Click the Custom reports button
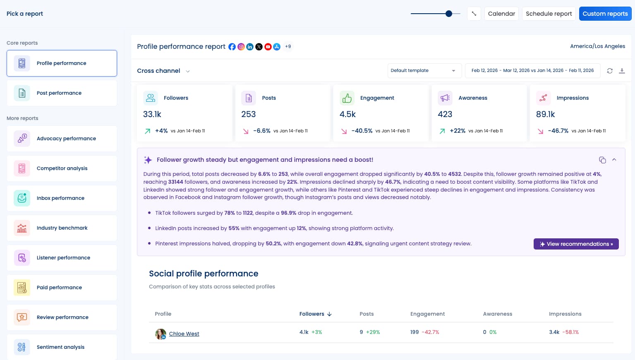coord(605,14)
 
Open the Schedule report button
coord(549,14)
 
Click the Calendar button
coord(501,14)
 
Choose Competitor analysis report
coord(62,168)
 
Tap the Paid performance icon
coord(22,288)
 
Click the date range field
coord(532,71)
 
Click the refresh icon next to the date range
coord(609,71)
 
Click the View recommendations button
coord(576,244)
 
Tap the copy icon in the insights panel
coord(602,160)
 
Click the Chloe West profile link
coord(184,334)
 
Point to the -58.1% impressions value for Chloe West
coord(570,332)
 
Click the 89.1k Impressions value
coord(545,114)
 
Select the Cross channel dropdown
coord(163,71)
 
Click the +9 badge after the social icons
coord(288,47)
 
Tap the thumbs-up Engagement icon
coord(347,98)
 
